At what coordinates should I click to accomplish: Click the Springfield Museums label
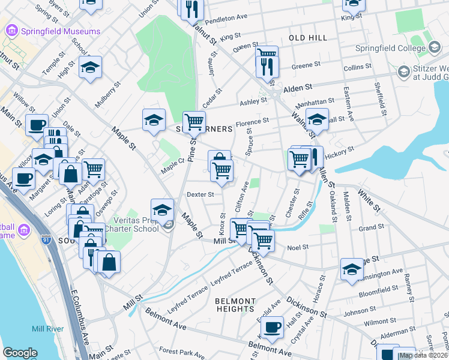point(61,31)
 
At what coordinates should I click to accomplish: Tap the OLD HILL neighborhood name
point(308,38)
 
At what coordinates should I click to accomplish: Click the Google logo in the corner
point(20,353)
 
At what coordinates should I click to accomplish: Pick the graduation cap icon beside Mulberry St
point(90,68)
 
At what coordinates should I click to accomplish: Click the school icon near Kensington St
point(352,269)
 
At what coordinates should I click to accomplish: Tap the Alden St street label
point(305,87)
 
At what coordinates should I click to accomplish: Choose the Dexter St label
point(200,194)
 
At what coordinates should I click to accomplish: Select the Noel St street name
point(298,247)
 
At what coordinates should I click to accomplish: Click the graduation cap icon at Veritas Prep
point(161,209)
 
